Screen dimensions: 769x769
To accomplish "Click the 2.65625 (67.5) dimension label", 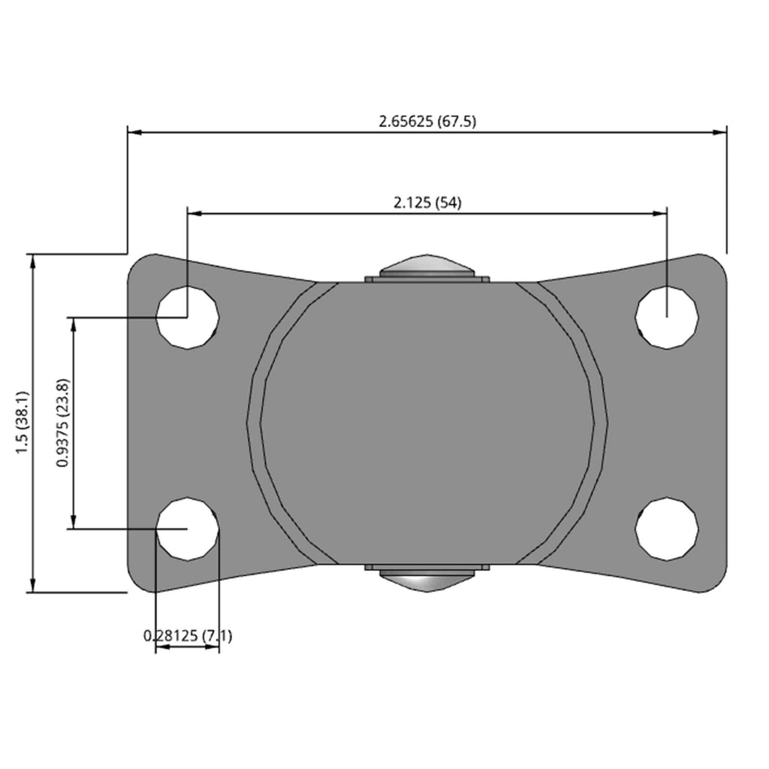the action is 427,121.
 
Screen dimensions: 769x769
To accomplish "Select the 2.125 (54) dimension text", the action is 427,202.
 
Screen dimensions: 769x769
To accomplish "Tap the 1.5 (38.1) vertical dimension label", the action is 23,423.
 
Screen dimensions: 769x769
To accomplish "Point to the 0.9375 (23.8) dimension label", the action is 63,423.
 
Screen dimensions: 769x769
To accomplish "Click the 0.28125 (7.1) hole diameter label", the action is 188,636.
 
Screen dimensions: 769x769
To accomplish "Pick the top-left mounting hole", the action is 187,318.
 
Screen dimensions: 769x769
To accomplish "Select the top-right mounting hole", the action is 667,318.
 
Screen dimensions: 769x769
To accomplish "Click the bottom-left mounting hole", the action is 187,529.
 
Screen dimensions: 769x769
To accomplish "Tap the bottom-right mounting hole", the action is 667,529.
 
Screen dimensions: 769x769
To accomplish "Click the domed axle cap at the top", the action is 427,265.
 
